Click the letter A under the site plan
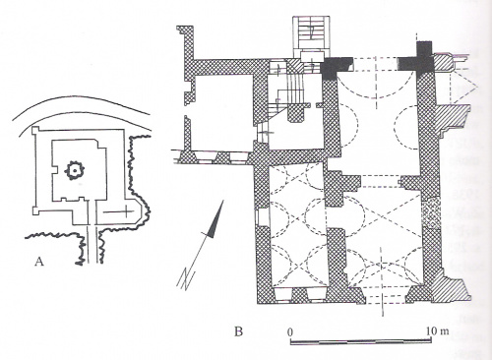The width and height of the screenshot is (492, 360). tap(39, 262)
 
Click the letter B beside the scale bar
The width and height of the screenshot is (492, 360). tap(238, 331)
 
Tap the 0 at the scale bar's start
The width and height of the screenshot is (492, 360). tap(290, 331)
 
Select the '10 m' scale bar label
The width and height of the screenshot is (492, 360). tap(437, 330)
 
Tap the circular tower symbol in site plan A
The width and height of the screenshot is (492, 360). tap(75, 170)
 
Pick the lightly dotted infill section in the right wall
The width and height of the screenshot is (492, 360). tap(431, 214)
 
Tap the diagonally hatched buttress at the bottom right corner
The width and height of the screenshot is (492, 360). tap(452, 289)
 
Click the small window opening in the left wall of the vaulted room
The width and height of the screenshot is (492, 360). tap(262, 217)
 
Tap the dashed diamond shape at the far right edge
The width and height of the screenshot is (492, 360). tap(464, 86)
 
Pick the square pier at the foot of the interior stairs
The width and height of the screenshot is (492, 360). tap(297, 113)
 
